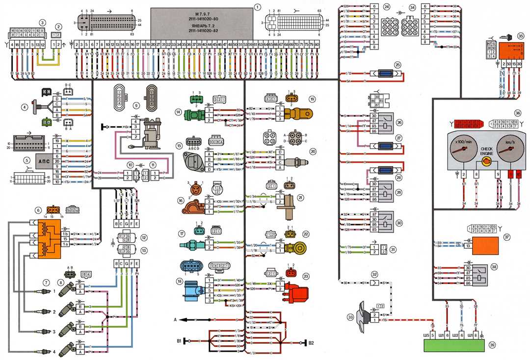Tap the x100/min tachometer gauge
pos(462,151)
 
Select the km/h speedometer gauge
pos(506,151)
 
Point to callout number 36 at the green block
pos(492,345)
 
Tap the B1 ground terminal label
pos(179,339)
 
